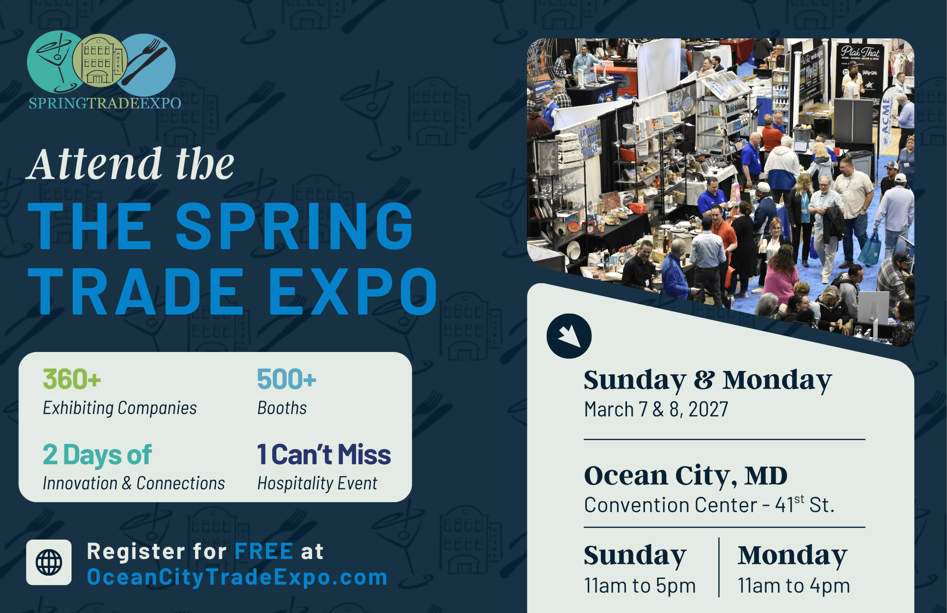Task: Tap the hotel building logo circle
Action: pyautogui.click(x=100, y=61)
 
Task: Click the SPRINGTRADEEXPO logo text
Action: pyautogui.click(x=105, y=103)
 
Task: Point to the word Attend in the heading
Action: pyautogui.click(x=94, y=164)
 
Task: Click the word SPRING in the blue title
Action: pyautogui.click(x=295, y=226)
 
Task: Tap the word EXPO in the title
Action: pyautogui.click(x=353, y=291)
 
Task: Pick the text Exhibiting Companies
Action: pyautogui.click(x=120, y=408)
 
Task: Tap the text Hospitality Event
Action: pyautogui.click(x=317, y=484)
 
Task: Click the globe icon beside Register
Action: pyautogui.click(x=49, y=562)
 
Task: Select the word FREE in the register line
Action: pyautogui.click(x=264, y=551)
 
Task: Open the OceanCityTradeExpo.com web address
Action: pyautogui.click(x=237, y=577)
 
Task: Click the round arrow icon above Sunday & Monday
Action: pyautogui.click(x=569, y=336)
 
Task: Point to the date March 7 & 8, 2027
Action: pyautogui.click(x=656, y=409)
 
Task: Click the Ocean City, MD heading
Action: pyautogui.click(x=686, y=476)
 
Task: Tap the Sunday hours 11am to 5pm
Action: pyautogui.click(x=640, y=586)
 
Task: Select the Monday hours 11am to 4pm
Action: pyautogui.click(x=794, y=586)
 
